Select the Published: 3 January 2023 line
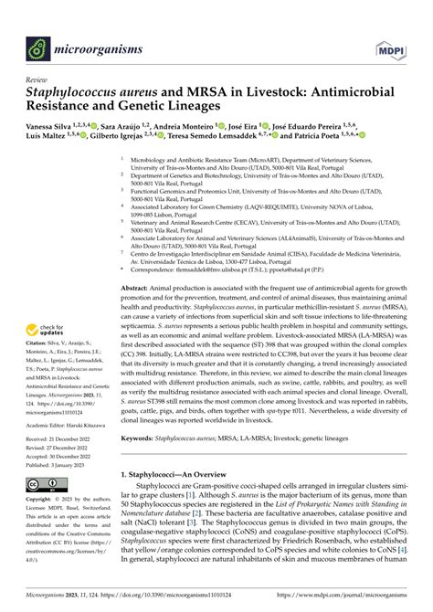[62, 465]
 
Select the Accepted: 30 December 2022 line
[65, 457]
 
